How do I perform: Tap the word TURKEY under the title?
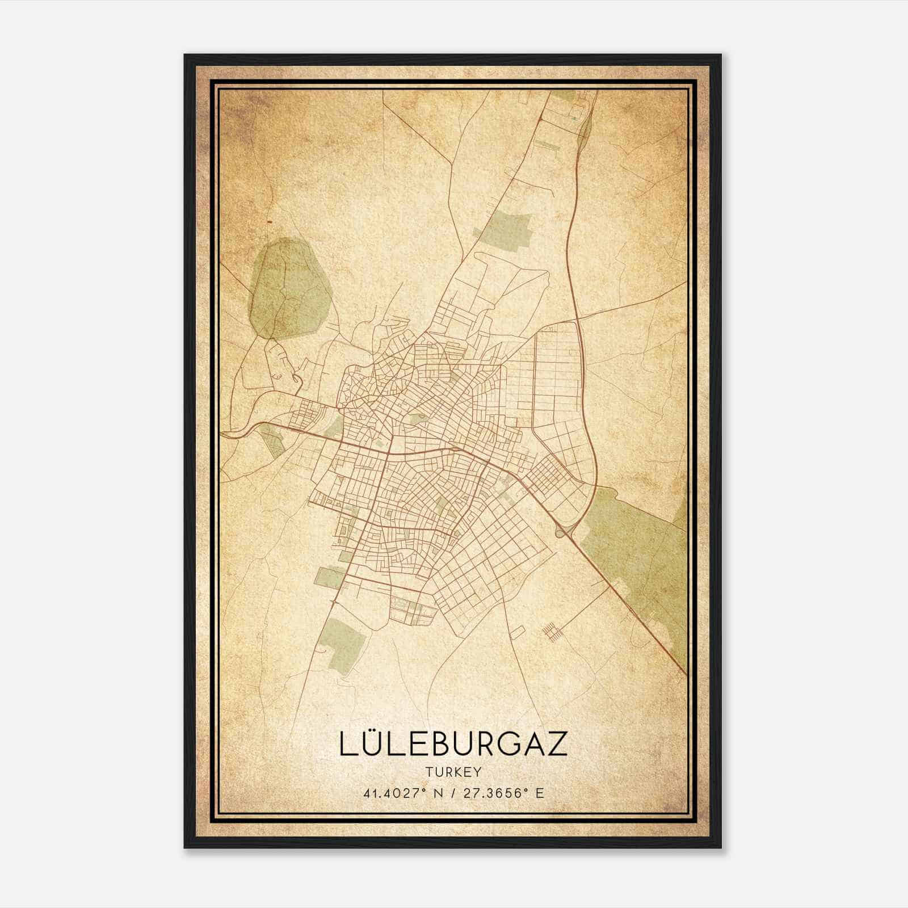pyautogui.click(x=453, y=772)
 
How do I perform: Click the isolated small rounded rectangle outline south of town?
pyautogui.click(x=517, y=630)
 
